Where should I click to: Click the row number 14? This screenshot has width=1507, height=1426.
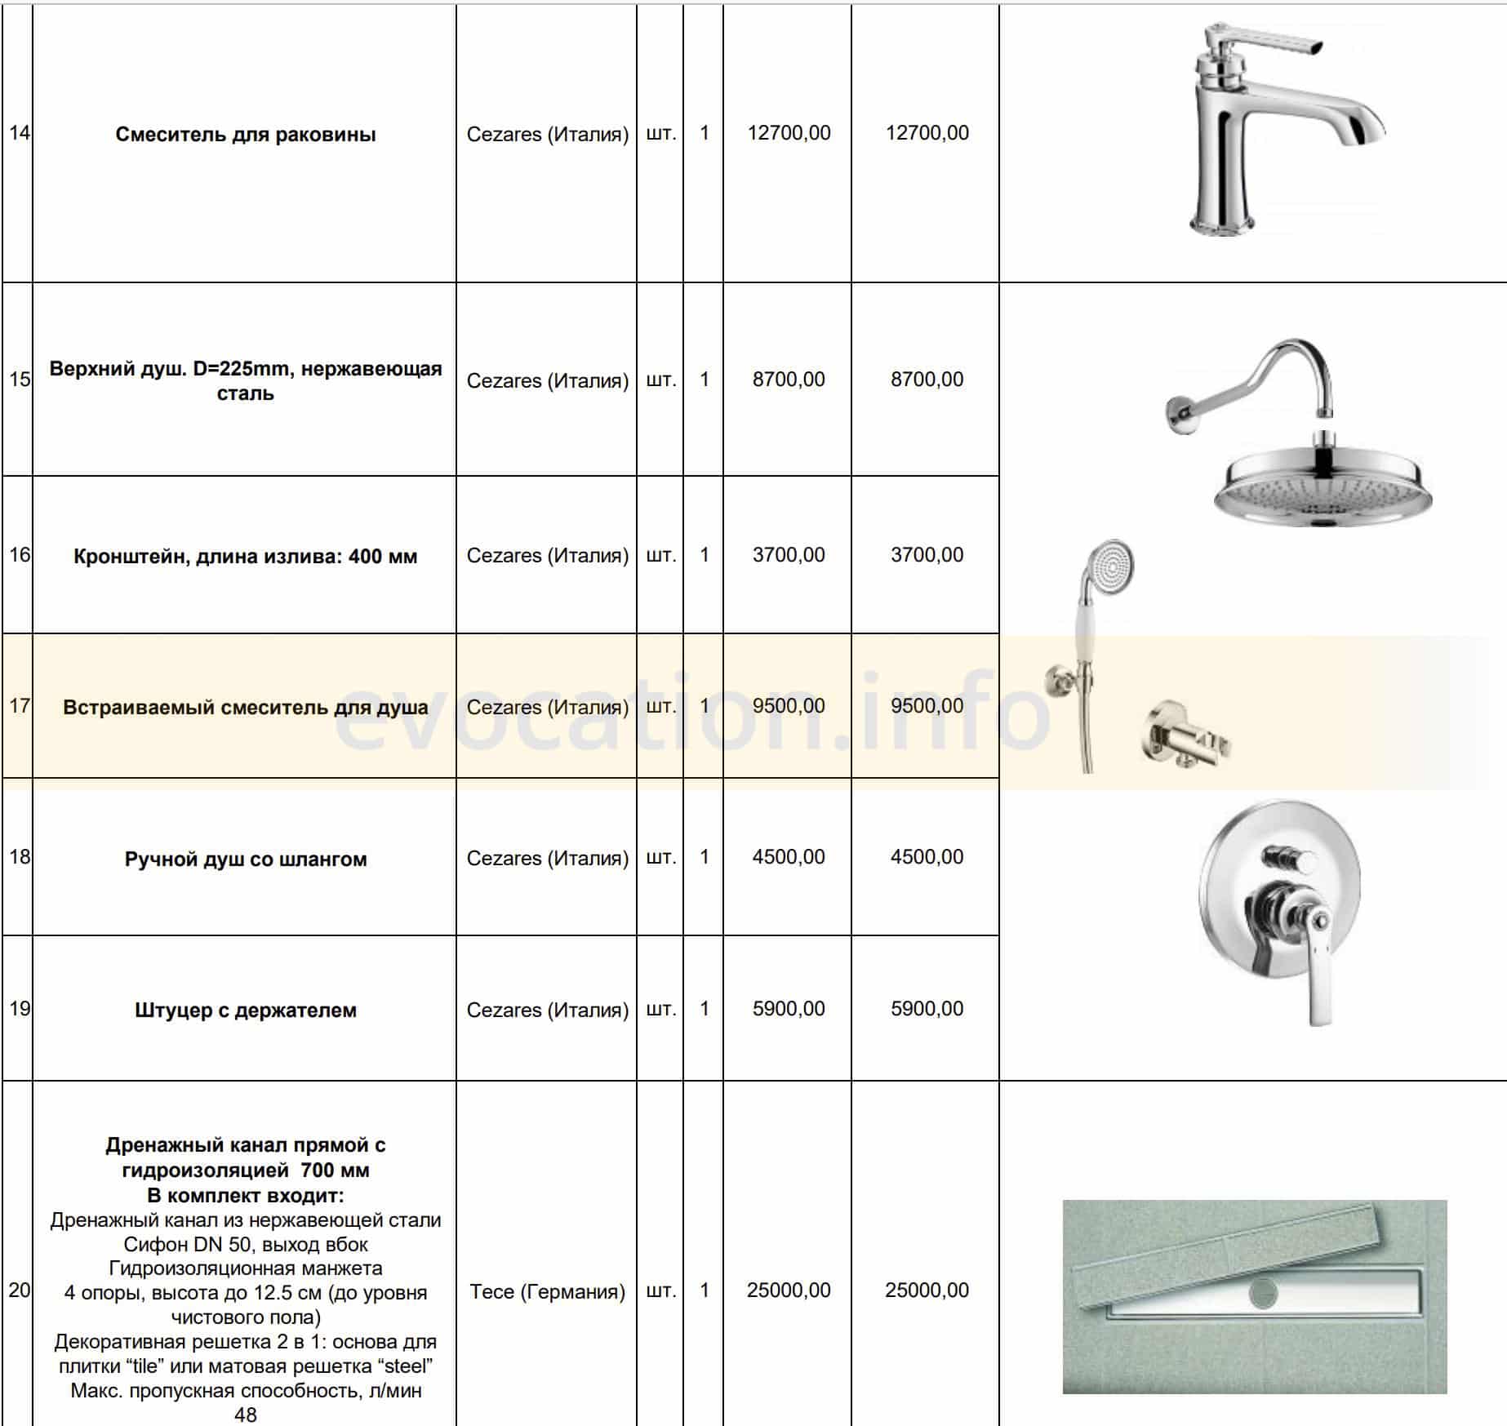pos(19,132)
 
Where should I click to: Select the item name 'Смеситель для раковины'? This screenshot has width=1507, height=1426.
pos(245,135)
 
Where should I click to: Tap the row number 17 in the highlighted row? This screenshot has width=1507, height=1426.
pos(19,705)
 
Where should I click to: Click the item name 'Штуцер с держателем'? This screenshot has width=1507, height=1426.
pos(245,1011)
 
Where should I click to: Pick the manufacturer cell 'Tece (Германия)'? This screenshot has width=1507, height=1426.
pos(547,1291)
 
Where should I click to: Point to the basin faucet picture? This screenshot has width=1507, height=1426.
pos(1274,135)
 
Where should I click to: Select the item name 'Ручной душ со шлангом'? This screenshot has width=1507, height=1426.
pos(245,859)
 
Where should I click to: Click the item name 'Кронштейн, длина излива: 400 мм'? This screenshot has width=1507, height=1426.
pos(245,557)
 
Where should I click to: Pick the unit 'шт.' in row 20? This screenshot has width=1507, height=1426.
pos(660,1291)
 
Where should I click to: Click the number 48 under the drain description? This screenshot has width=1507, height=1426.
pos(245,1415)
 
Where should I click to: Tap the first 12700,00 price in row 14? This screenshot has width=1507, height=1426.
pos(789,133)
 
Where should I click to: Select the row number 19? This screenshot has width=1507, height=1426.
pos(19,1009)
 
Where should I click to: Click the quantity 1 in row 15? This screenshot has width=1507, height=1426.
pos(704,380)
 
